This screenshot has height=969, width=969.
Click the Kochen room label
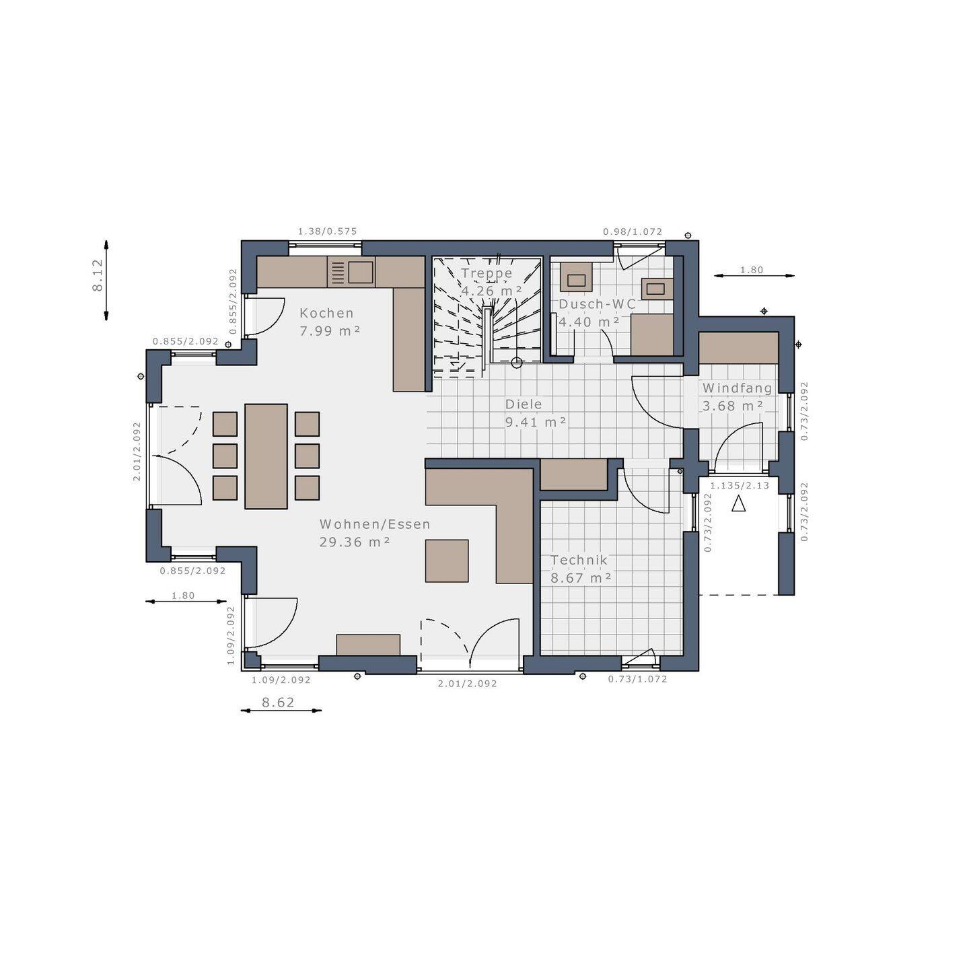[326, 313]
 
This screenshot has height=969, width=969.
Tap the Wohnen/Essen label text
[375, 524]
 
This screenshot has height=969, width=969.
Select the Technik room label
[579, 560]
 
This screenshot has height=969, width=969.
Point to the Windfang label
[737, 388]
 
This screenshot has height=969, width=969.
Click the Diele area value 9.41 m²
[536, 422]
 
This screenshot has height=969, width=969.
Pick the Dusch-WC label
[597, 304]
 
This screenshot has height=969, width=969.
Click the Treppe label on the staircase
[487, 273]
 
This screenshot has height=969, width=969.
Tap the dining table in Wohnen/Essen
[266, 456]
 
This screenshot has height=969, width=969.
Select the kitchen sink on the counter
[361, 272]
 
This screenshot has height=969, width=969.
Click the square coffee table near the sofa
[447, 561]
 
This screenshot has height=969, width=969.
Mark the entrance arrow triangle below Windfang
[738, 503]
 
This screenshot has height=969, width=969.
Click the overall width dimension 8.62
[278, 703]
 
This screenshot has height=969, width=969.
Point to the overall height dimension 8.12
[98, 275]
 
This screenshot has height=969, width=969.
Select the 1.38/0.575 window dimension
[327, 231]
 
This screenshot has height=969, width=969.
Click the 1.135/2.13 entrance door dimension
[740, 485]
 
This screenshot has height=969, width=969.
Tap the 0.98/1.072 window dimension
[633, 231]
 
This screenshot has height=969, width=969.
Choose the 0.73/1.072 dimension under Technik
[637, 679]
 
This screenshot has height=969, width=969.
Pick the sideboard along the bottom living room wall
[368, 644]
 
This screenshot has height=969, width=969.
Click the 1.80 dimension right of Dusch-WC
[752, 270]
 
